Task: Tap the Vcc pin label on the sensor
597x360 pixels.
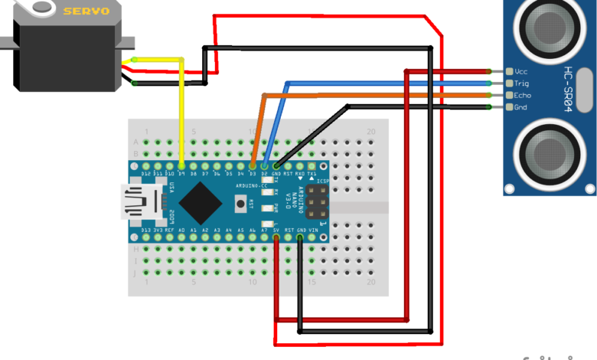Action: point(522,71)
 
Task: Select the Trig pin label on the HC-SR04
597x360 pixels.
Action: point(522,83)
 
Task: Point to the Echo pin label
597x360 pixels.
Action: point(523,95)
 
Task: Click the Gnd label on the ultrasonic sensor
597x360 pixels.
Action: point(521,107)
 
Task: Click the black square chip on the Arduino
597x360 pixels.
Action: point(202,203)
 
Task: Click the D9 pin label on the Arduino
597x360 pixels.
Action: point(181,175)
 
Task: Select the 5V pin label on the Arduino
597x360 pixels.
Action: point(276,229)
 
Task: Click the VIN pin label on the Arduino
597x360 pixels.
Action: point(312,229)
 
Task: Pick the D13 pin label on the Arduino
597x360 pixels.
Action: point(146,229)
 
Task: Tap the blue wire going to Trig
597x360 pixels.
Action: point(383,82)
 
